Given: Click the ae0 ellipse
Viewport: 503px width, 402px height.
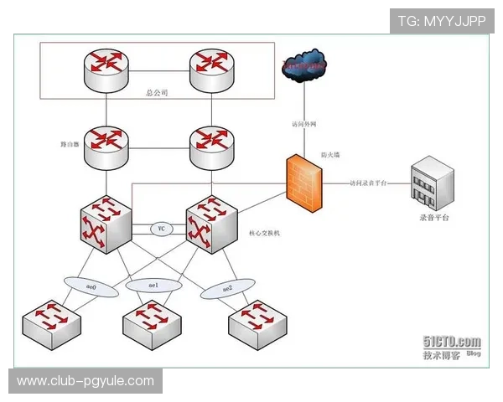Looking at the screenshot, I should point(92,286).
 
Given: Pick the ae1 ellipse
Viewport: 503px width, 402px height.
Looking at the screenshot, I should point(153,286).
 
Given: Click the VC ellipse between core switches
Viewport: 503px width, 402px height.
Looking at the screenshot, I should point(162,228).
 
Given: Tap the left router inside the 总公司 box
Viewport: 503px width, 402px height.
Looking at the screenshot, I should point(106,70).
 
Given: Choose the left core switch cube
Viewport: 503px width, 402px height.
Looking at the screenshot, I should point(105,225).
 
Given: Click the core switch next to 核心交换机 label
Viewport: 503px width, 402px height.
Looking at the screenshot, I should point(210,225).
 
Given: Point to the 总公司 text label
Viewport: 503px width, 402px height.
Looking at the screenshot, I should point(158,94).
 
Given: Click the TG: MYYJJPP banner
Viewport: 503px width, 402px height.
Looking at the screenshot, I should point(441,20).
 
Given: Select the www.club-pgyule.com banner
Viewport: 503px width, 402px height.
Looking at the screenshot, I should point(86,381).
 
